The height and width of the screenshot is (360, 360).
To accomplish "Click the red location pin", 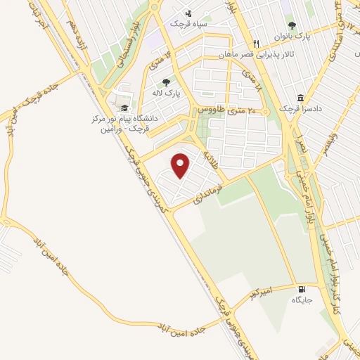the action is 181,165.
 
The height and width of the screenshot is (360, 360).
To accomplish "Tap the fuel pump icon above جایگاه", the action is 302,288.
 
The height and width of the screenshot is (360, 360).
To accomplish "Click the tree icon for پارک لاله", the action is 166,82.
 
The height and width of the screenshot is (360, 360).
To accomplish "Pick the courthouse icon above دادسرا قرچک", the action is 301,98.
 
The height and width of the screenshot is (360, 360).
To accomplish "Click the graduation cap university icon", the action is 124,108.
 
